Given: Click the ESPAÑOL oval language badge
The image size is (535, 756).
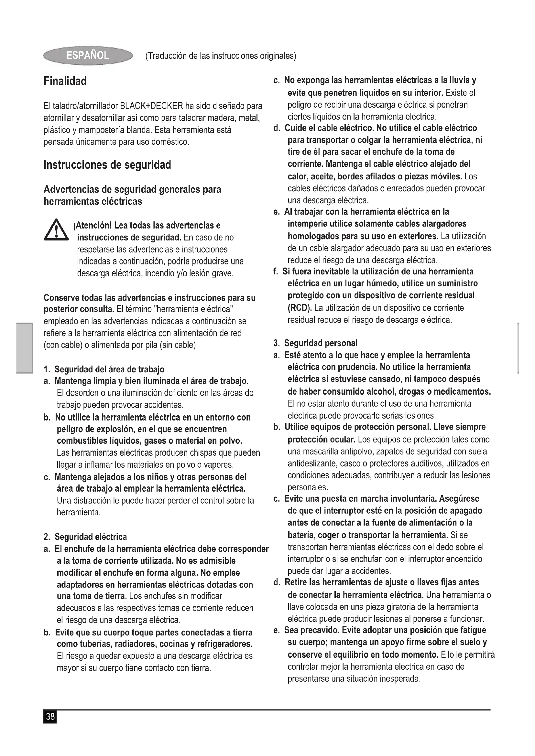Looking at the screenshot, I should coord(88,55).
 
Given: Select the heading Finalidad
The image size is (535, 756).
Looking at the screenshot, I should coord(65,81).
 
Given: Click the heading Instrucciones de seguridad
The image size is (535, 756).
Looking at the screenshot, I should coord(107,165).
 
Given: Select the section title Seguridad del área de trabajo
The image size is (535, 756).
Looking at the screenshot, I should coord(109,369).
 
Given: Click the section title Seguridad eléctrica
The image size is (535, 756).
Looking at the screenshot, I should coord(91,537).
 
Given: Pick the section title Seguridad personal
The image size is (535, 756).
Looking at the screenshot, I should coord(321,343).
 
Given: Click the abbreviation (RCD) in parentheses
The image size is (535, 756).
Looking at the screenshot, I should coord(300,308).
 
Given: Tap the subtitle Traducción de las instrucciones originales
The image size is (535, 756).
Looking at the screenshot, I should coord(221,56).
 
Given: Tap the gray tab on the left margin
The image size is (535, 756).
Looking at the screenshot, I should coord(25,348).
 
